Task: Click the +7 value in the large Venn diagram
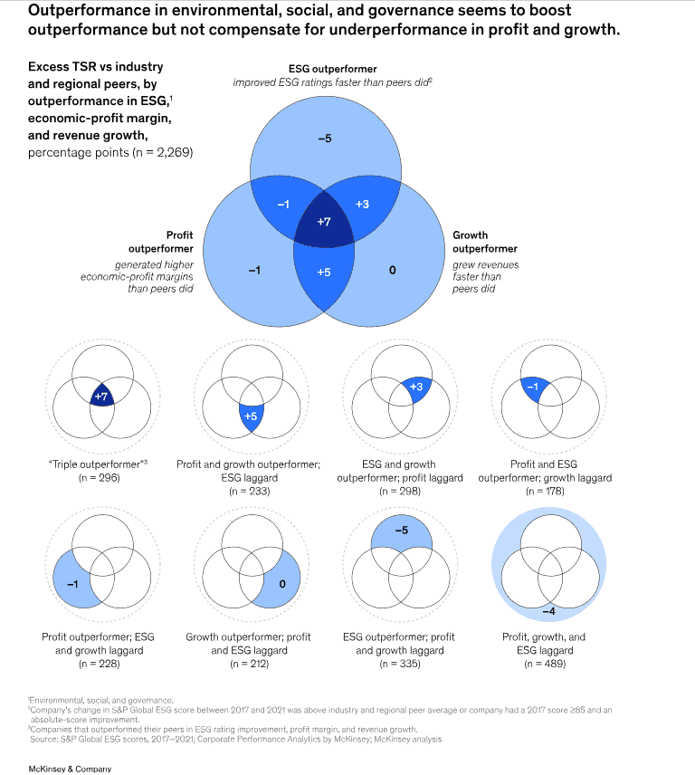click(x=324, y=222)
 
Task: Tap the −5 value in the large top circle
click(x=324, y=139)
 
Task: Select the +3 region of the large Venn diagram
click(x=362, y=205)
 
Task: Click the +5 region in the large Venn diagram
click(x=324, y=272)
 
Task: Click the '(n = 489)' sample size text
click(x=544, y=664)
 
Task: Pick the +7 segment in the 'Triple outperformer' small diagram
click(x=102, y=397)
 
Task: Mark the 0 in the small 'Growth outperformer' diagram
click(x=281, y=584)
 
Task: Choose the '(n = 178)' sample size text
click(x=544, y=491)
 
